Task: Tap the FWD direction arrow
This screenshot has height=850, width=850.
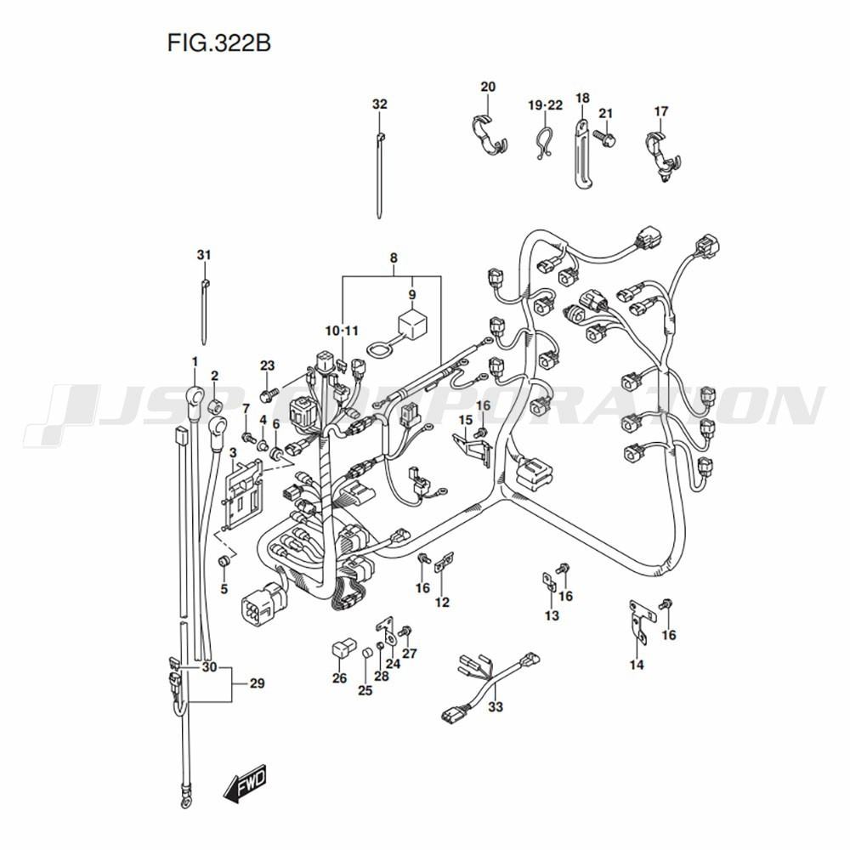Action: (x=244, y=783)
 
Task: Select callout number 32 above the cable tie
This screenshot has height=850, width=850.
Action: (x=379, y=105)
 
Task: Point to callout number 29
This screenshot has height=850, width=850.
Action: (x=254, y=683)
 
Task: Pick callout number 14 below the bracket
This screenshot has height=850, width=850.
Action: (x=637, y=665)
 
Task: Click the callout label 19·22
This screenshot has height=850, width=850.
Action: (x=545, y=105)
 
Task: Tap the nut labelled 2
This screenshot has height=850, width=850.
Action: (x=215, y=401)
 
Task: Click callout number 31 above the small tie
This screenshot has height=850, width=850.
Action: (x=203, y=255)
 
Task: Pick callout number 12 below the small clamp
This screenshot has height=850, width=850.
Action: (x=442, y=603)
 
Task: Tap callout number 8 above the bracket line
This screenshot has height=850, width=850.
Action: (x=394, y=257)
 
